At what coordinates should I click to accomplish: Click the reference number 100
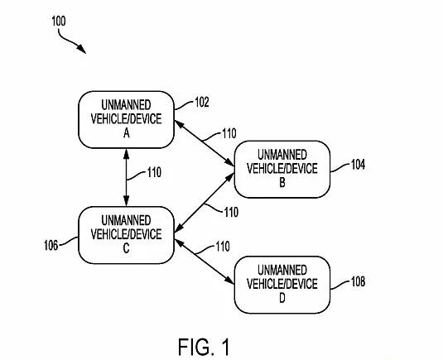coord(59,22)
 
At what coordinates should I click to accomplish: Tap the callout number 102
coord(202,103)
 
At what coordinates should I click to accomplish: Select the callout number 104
coord(358,165)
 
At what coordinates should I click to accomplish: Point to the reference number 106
coord(51,245)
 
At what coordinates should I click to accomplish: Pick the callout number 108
coord(358,281)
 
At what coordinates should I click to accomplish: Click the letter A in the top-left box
coord(127,133)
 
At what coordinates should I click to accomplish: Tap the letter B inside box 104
coord(282,182)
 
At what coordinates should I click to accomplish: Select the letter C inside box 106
coord(127,248)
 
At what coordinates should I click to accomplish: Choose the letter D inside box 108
coord(282,298)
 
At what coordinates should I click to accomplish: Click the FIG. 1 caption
coord(204,347)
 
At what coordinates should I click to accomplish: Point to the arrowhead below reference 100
coord(82,49)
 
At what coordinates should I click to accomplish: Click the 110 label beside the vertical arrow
coord(154,172)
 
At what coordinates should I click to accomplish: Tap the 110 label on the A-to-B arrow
coord(229,133)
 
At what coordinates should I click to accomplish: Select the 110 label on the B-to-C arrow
coord(231,212)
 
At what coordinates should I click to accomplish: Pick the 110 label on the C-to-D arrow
coord(223,247)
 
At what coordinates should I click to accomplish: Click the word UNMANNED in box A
coord(127,105)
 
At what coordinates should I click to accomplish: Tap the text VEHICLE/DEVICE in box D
coord(282,284)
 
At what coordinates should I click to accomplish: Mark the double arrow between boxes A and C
coord(127,177)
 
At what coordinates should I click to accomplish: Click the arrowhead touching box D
coord(229,280)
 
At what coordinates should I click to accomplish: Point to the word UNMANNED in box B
coord(282,155)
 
